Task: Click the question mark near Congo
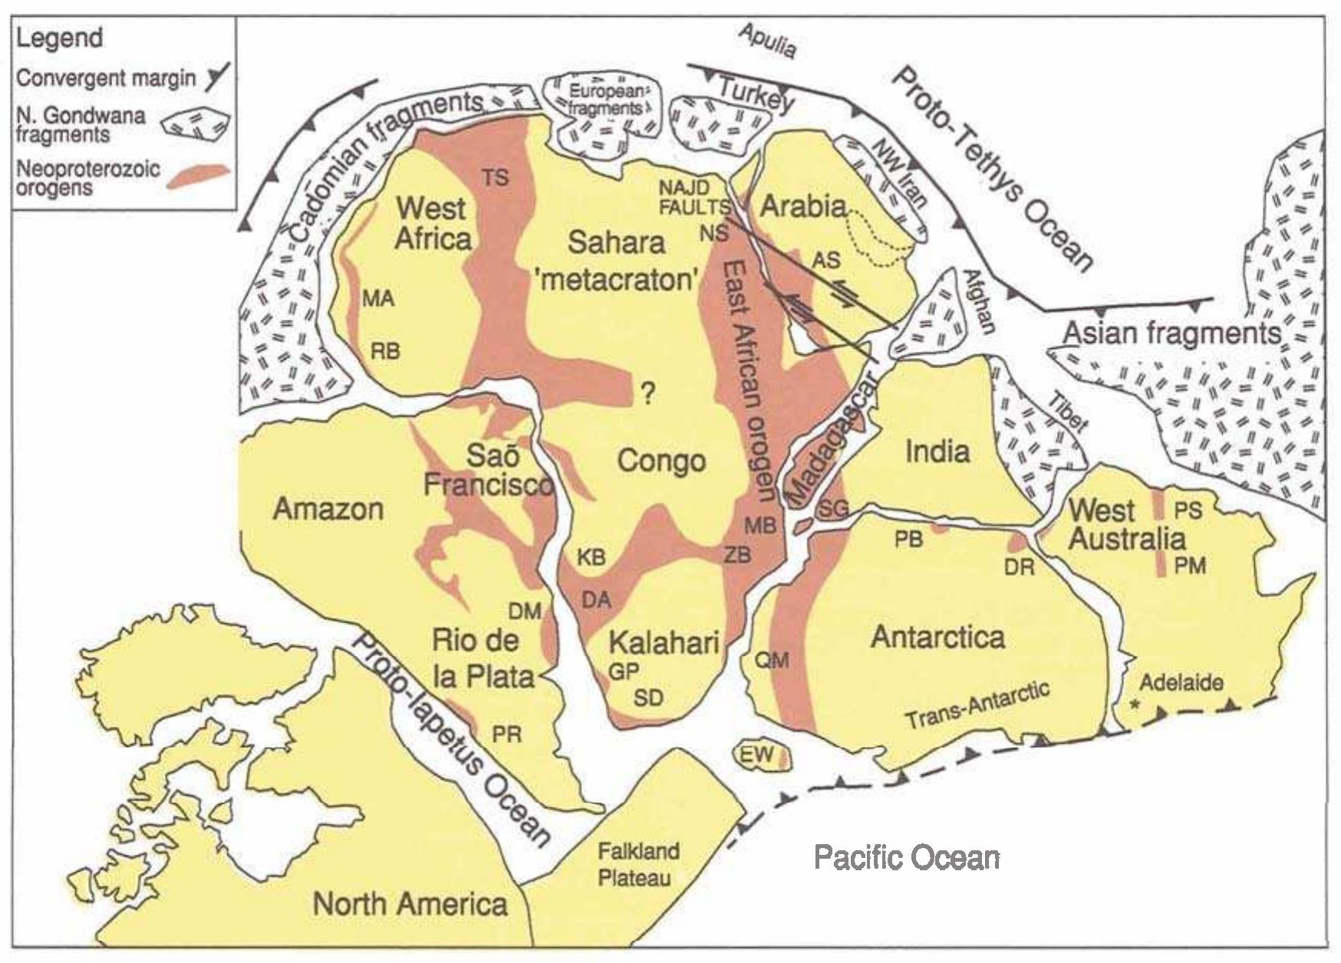coord(648,395)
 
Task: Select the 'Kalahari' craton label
coord(664,641)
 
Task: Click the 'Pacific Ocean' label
coord(907,857)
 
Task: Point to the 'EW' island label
coord(757,754)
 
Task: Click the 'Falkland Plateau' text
coord(638,864)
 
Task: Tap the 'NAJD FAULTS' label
coord(694,196)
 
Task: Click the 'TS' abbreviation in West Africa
coord(495,177)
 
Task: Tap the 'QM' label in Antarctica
coord(772,659)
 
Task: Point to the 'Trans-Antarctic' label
coord(977,707)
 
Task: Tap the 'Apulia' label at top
coord(767,42)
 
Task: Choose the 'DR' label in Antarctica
coord(1020,567)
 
